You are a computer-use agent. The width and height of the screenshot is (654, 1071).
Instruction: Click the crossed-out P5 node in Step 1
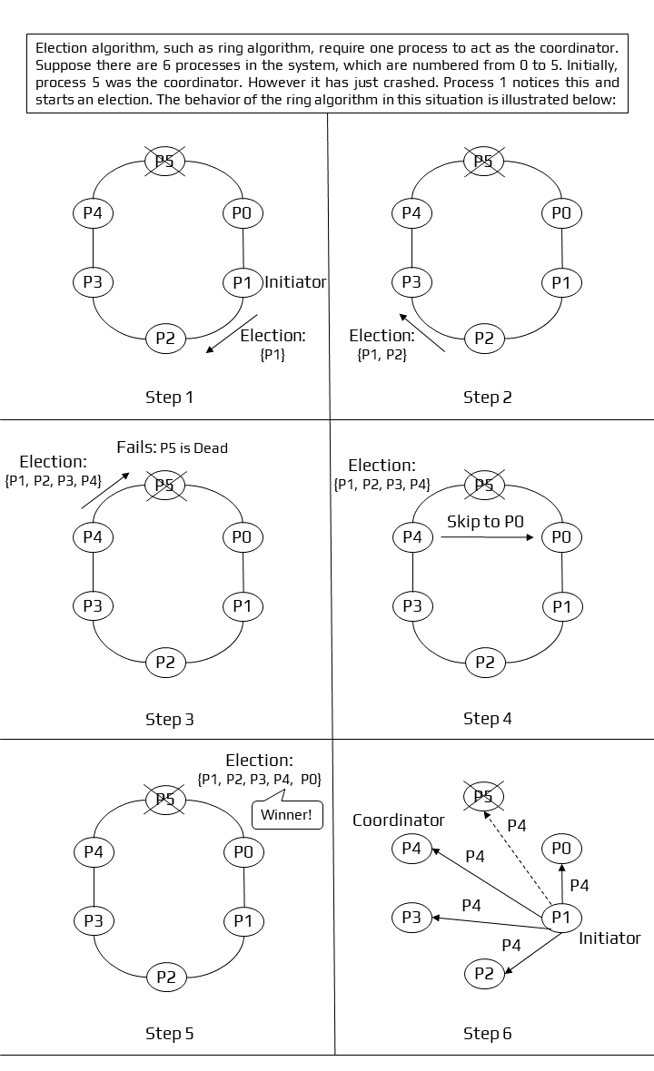165,162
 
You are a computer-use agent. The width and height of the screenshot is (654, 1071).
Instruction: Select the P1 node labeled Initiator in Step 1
243,282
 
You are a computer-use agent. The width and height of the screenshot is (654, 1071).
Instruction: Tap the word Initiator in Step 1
295,282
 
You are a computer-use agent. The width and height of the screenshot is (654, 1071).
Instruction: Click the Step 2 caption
487,397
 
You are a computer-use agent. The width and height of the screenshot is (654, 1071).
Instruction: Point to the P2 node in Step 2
484,339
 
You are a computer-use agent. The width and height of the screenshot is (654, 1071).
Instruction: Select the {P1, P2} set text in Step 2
381,356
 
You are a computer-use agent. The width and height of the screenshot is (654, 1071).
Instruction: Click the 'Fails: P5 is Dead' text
172,447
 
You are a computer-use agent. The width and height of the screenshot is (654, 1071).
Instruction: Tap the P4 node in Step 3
93,536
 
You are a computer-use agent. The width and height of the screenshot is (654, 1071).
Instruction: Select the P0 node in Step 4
561,536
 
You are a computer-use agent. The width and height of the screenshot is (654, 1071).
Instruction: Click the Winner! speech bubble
286,814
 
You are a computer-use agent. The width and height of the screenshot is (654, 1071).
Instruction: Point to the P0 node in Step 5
243,851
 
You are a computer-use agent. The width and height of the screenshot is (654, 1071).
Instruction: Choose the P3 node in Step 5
93,919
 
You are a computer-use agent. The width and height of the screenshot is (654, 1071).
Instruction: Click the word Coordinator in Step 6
399,820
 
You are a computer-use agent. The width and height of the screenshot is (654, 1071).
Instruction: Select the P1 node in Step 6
561,918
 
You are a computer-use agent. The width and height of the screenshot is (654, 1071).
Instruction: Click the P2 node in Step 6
484,974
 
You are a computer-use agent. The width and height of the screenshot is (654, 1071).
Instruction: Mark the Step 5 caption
169,1033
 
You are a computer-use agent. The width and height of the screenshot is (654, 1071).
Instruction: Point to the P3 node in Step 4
412,605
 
